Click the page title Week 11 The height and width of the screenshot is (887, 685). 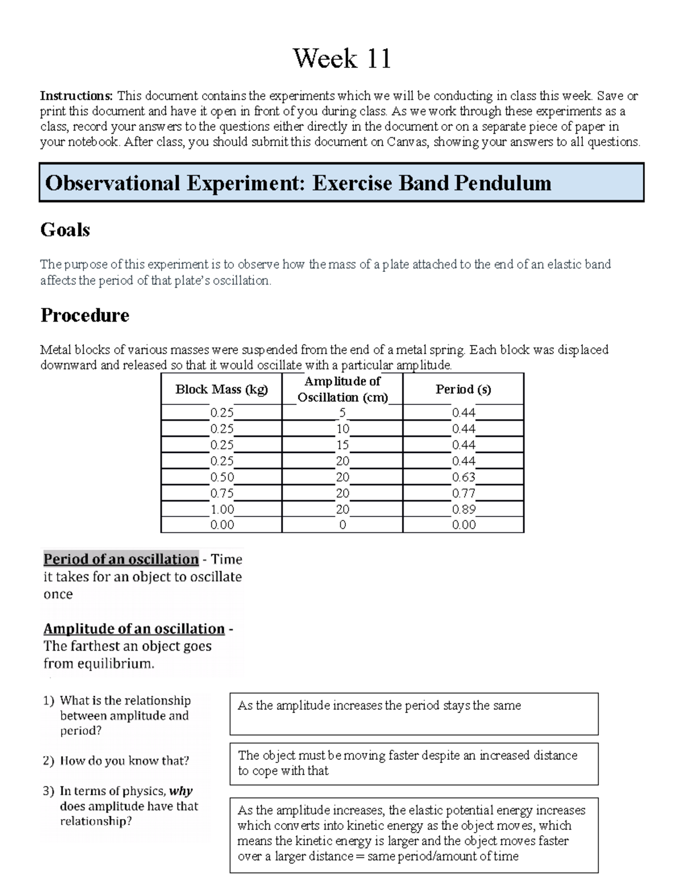tap(342, 59)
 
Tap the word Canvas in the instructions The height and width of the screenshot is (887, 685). tap(408, 142)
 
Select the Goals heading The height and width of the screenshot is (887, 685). tap(65, 230)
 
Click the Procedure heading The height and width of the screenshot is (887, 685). tap(84, 315)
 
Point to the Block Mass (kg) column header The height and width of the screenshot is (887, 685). tap(221, 390)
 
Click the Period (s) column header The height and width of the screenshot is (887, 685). tap(463, 390)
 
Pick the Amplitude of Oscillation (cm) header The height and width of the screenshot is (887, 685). tap(342, 389)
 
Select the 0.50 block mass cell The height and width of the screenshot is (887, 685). tap(222, 477)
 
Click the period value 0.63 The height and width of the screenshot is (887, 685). tap(464, 477)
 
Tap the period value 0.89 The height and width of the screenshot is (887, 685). tap(464, 509)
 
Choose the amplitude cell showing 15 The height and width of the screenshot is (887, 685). tap(342, 445)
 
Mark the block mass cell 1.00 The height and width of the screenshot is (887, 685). tap(222, 509)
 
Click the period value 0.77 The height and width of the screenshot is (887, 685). tap(464, 493)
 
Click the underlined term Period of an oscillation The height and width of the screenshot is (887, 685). tap(121, 559)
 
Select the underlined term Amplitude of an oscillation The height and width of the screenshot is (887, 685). tap(134, 629)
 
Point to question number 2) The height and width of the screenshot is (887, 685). tap(49, 761)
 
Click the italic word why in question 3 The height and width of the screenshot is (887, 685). tap(181, 791)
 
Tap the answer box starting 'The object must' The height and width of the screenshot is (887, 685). tap(414, 764)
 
